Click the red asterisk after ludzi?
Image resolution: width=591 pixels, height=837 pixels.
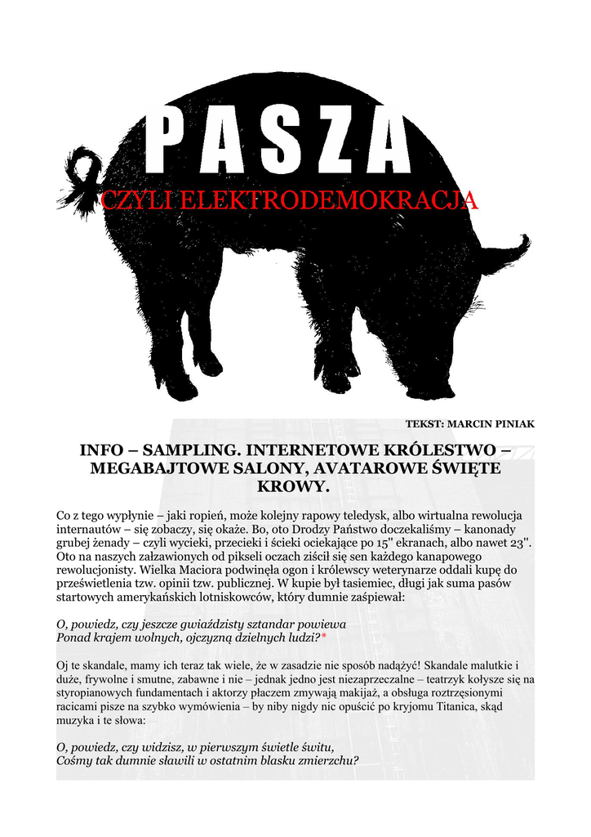point(323,636)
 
